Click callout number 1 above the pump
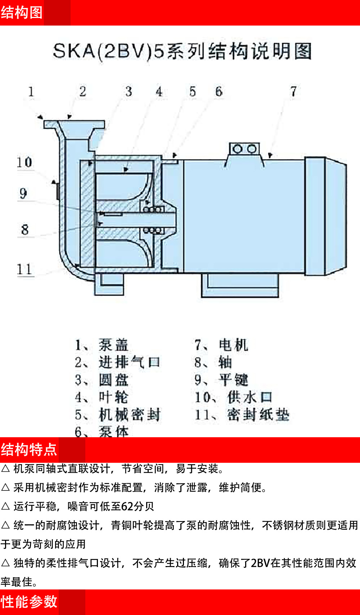31,92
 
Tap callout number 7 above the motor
293,91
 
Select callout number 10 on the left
24,162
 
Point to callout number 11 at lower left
24,269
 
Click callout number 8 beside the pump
24,230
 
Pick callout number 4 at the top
159,91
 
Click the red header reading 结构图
22,13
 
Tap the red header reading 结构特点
29,449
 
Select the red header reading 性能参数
29,602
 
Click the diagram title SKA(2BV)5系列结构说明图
182,51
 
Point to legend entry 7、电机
221,345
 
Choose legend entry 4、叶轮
102,397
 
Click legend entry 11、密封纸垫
242,415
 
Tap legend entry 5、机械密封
117,415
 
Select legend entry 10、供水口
233,397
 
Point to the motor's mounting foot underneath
240,286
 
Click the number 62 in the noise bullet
127,507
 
